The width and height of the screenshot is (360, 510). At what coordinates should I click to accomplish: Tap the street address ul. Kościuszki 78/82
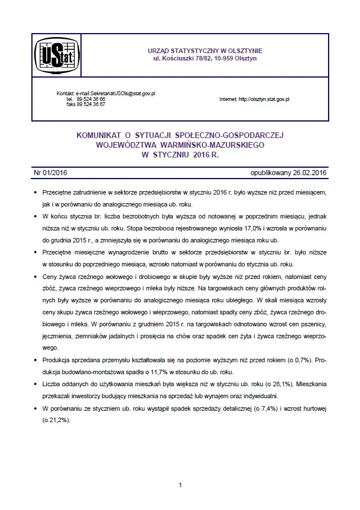(184, 59)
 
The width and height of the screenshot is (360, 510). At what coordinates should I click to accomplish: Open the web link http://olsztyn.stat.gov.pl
(264, 99)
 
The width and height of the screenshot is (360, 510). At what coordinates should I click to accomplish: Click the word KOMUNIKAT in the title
(98, 136)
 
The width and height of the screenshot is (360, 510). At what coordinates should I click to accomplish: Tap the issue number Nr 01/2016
(51, 172)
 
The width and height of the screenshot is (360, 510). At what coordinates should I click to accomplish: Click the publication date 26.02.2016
(306, 172)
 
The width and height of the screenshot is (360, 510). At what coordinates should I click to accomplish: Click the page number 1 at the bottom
(180, 485)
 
